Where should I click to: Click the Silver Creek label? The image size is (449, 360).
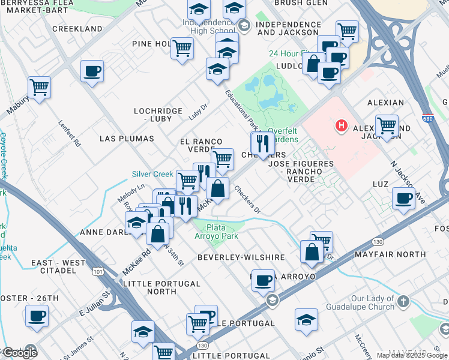(152, 174)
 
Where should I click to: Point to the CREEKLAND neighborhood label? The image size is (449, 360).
(77, 29)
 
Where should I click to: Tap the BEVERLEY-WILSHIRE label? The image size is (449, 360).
(241, 257)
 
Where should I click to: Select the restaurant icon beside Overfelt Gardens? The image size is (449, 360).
(262, 143)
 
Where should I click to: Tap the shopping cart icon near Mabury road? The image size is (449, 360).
(39, 86)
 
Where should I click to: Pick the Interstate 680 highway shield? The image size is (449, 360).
(427, 116)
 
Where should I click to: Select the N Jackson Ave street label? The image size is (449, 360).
(408, 182)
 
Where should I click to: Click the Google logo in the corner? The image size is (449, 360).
(19, 353)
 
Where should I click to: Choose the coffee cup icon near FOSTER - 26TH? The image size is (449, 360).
(37, 316)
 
